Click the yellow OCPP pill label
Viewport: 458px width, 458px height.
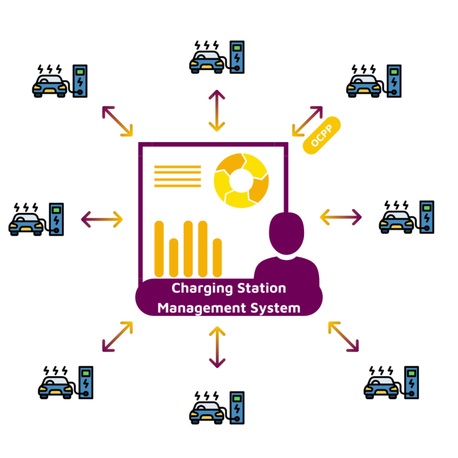(322, 135)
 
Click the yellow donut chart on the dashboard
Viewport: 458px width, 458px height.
(241, 180)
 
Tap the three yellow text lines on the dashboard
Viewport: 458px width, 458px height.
(177, 176)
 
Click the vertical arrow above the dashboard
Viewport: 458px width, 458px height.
(216, 111)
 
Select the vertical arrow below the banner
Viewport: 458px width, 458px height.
(216, 346)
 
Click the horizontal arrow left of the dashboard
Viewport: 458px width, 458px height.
(102, 218)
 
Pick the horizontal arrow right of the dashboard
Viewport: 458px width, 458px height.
(341, 216)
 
